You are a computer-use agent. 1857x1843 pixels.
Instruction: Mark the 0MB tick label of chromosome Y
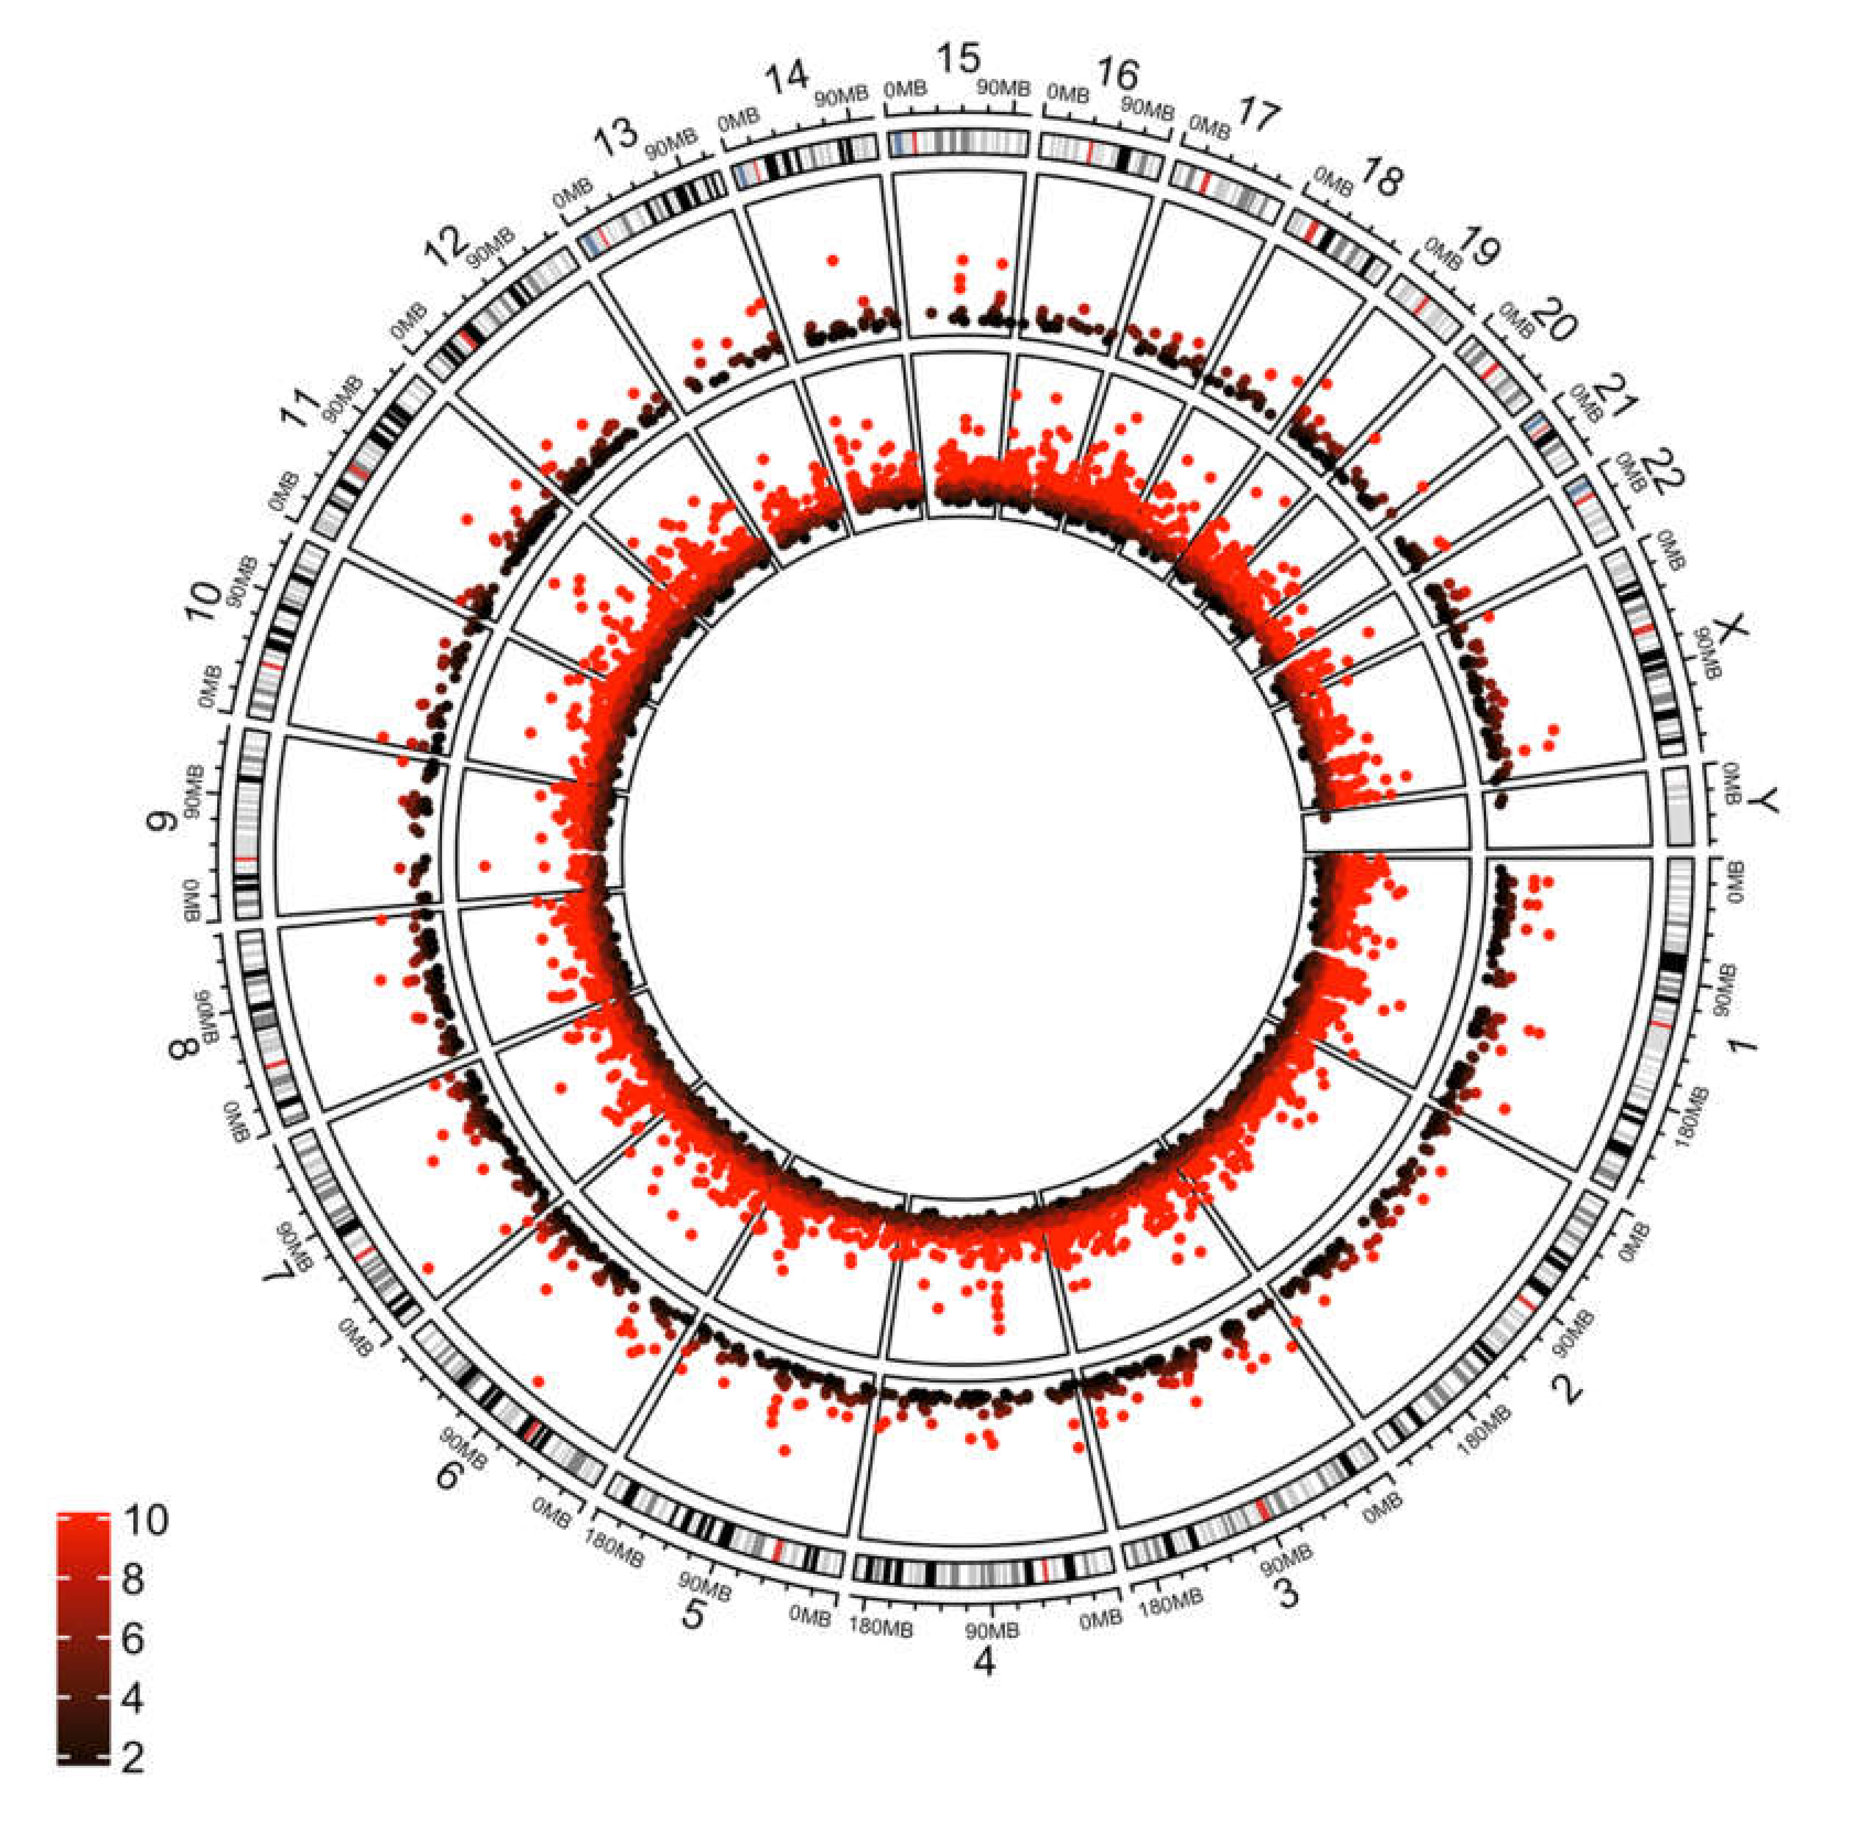tap(1730, 783)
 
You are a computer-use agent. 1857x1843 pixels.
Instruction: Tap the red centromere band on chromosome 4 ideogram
tap(1045, 1569)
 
